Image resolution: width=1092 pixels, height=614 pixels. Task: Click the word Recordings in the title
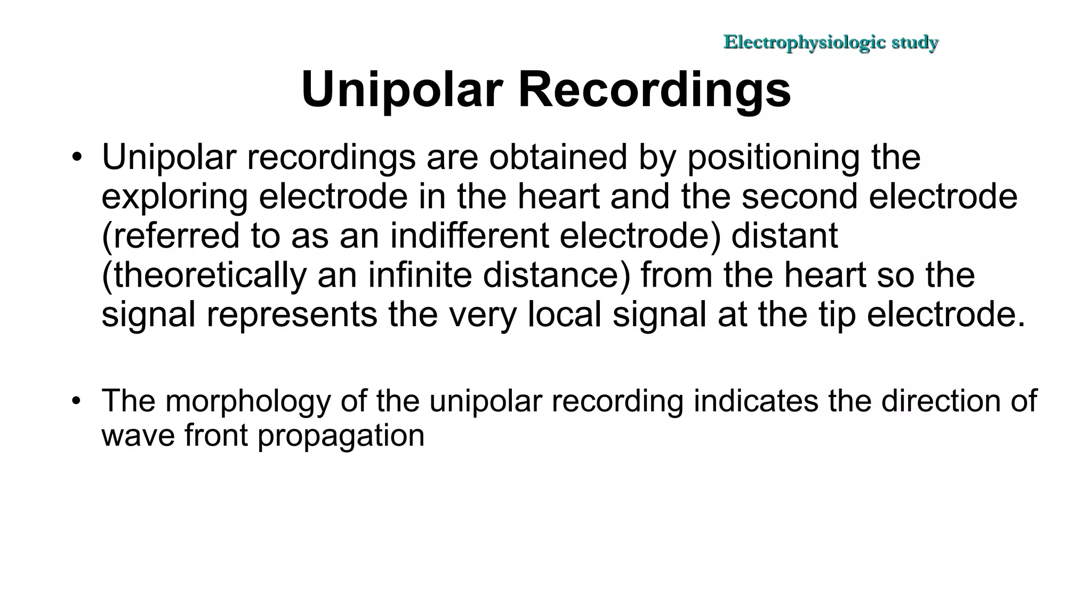pyautogui.click(x=654, y=90)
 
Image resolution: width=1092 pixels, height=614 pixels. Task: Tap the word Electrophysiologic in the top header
pyautogui.click(x=805, y=42)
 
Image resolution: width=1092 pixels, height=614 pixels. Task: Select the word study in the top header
pyautogui.click(x=915, y=42)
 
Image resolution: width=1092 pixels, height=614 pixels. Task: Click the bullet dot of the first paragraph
pyautogui.click(x=77, y=158)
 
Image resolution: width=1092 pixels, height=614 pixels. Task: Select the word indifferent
pyautogui.click(x=469, y=236)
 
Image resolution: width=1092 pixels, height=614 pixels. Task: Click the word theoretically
pyautogui.click(x=204, y=275)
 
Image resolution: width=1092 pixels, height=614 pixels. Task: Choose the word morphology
pyautogui.click(x=248, y=401)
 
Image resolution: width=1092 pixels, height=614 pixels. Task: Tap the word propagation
pyautogui.click(x=341, y=436)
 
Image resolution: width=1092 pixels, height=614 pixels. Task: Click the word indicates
pyautogui.click(x=756, y=401)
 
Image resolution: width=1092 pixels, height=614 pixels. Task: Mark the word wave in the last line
pyautogui.click(x=138, y=436)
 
